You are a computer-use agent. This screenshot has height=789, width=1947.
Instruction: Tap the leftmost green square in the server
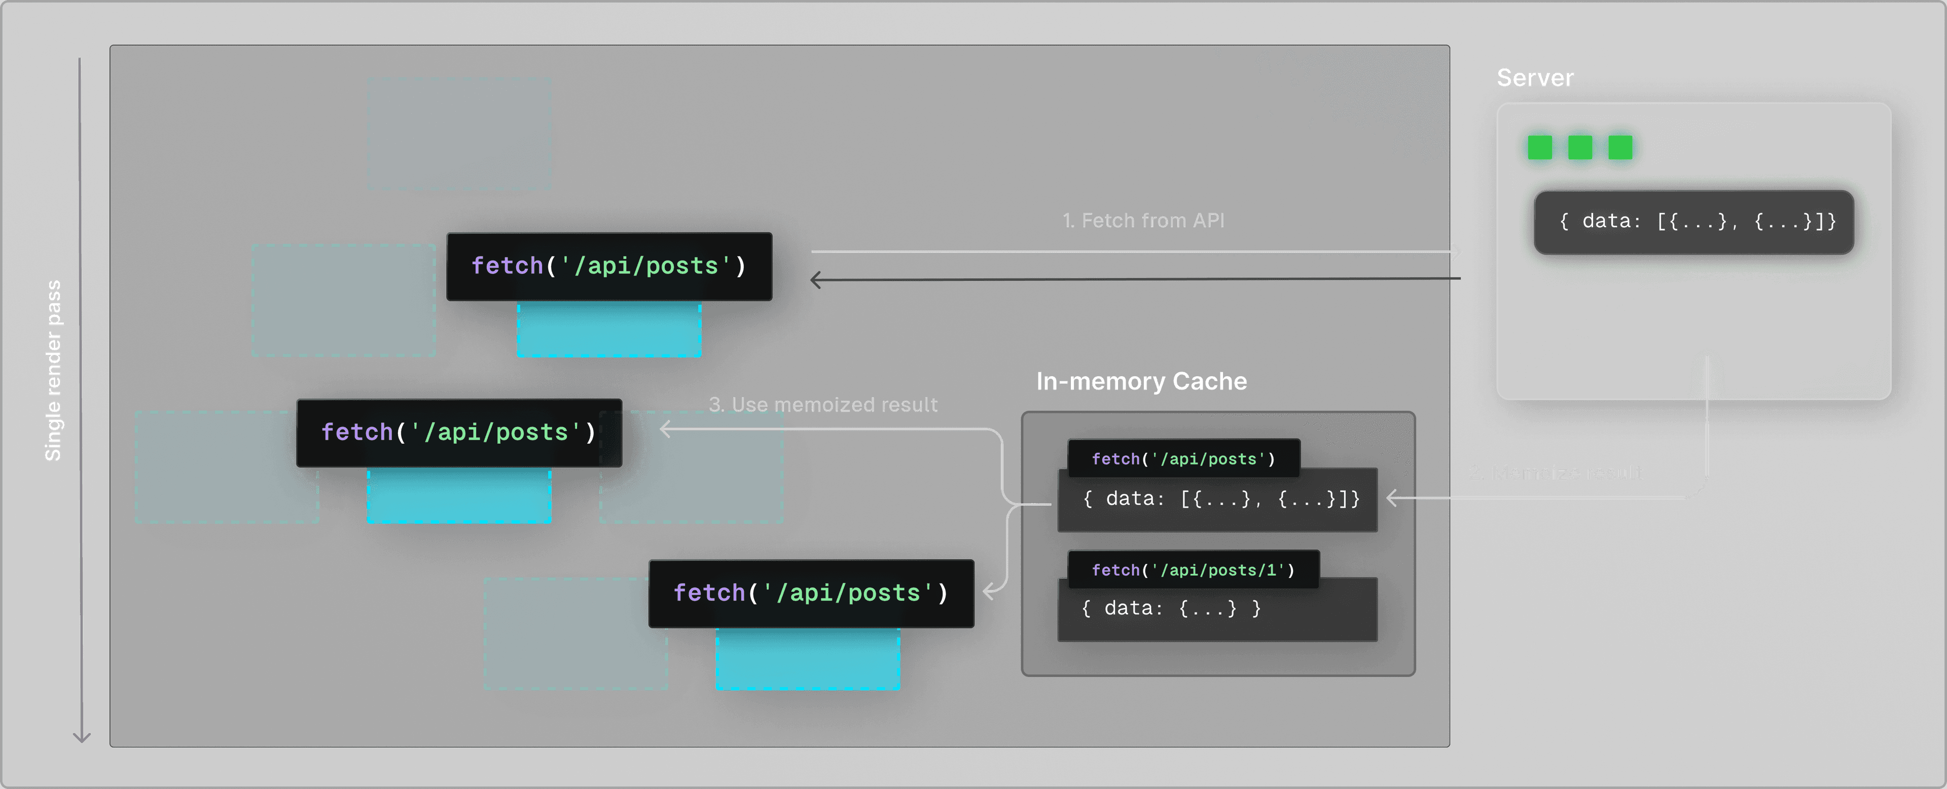coord(1540,148)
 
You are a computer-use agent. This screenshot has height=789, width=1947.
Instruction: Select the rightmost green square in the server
coord(1620,148)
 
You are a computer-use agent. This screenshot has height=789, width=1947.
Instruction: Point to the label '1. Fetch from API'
coord(1143,221)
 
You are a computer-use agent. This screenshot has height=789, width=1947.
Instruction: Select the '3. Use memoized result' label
coord(822,405)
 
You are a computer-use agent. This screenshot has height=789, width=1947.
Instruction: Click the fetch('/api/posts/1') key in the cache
coord(1192,570)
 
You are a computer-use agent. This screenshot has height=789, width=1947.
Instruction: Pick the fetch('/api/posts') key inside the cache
coord(1183,459)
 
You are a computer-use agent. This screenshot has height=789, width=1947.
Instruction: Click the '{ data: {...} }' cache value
coord(1170,609)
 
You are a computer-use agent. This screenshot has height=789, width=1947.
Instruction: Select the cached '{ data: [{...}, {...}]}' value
coord(1220,499)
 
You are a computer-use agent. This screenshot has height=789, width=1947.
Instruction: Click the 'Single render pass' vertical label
coord(53,370)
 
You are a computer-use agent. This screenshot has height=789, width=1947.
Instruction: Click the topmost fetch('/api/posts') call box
coord(608,266)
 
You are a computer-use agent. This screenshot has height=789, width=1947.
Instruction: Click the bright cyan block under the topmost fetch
coord(608,330)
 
